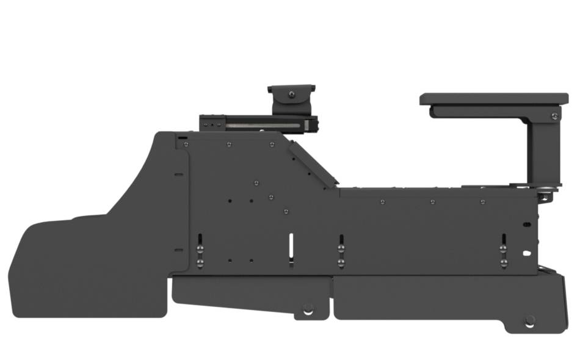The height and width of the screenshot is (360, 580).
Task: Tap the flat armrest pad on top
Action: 493,99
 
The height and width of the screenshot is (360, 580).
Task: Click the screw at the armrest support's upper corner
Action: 554,115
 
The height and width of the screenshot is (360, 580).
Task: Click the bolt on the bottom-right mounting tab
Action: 529,320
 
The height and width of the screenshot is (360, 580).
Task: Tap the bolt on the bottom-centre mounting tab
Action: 308,308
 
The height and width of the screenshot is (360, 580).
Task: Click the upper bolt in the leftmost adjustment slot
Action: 200,249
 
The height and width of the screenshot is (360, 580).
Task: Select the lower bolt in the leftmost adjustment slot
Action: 200,263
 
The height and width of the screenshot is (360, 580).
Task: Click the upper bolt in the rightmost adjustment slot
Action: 504,249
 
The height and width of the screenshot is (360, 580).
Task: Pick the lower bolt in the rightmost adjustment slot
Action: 504,263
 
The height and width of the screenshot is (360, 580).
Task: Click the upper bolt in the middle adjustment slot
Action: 341,249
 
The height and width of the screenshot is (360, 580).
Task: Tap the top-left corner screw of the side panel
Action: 186,145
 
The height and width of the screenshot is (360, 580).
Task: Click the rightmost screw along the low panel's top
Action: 482,201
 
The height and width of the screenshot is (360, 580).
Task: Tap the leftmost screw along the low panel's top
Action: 382,201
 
